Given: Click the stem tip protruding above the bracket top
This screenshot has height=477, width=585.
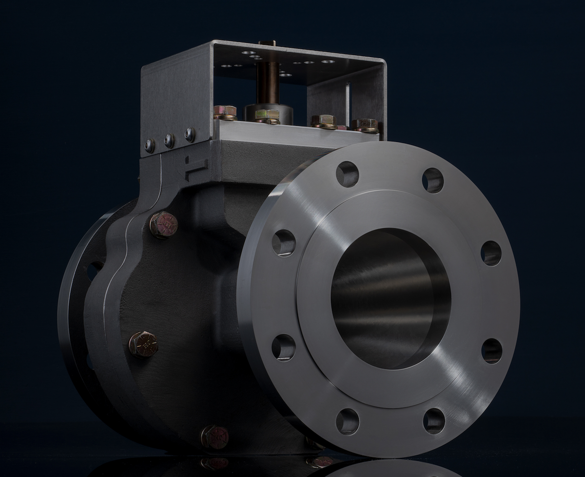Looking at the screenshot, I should coord(267,43).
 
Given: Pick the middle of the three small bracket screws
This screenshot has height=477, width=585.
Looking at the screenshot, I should coord(169,140).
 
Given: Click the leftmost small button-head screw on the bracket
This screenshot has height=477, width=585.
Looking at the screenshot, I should coord(150,145).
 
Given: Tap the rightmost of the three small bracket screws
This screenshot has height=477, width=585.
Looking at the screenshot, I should coord(190,135).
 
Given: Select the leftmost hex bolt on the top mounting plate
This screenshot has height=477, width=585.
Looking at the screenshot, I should coord(225,112).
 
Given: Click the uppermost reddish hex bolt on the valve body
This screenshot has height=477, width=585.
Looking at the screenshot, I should coord(163,224).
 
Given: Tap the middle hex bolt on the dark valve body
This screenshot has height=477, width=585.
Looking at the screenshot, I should coord(143,343).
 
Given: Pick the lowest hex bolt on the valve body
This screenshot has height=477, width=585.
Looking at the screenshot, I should coord(214,436).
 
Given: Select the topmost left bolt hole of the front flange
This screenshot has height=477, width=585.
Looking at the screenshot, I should coord(347,174).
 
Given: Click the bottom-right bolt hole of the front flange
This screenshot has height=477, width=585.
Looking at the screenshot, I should coord(434,420).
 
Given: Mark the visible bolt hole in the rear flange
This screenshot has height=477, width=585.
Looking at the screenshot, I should coord(94,271).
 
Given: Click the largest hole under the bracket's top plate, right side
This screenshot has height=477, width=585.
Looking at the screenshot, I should coord(328,61).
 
